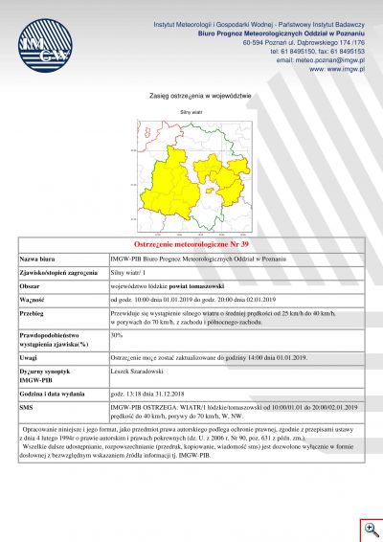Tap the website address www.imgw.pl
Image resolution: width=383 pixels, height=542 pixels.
(338, 68)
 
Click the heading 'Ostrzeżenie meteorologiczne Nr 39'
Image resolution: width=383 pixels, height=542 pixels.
(191, 245)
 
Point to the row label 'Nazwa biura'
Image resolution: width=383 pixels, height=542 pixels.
(41, 259)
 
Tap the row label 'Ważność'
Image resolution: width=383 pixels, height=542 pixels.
(34, 299)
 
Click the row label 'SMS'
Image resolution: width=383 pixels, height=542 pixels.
(28, 407)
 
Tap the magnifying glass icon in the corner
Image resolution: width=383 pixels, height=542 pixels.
(371, 530)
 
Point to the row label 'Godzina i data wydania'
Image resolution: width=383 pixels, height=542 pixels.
(57, 394)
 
